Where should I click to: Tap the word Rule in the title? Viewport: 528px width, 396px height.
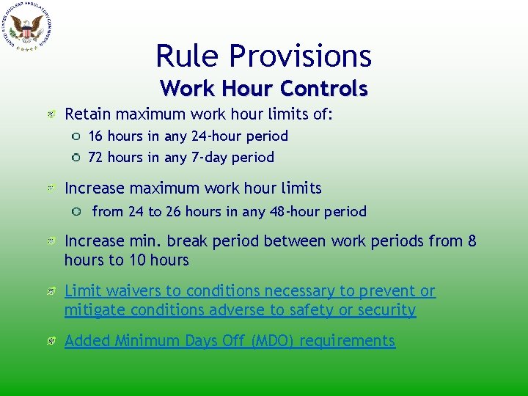(x=188, y=56)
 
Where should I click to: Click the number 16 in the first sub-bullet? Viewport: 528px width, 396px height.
(x=95, y=136)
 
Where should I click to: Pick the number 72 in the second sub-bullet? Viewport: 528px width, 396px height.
(x=96, y=157)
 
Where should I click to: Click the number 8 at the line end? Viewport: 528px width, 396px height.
(x=472, y=241)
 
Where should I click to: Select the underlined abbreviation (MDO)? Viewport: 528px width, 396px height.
(x=268, y=341)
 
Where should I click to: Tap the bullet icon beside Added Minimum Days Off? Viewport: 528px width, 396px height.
(x=52, y=341)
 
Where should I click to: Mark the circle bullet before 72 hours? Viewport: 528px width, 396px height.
(x=76, y=157)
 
